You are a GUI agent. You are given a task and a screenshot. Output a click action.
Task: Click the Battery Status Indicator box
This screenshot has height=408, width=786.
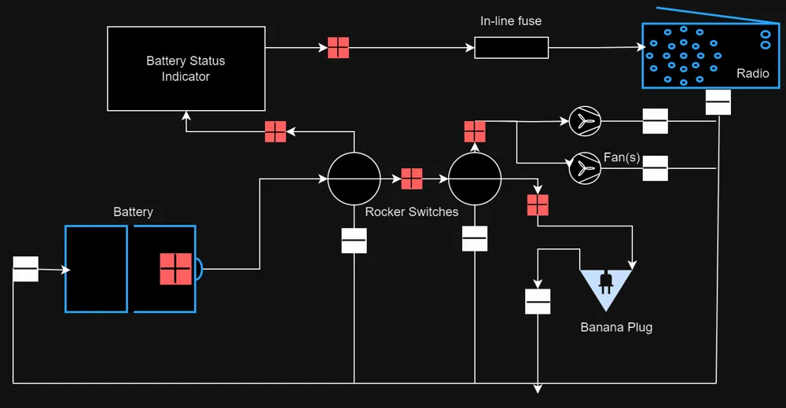pos(186,68)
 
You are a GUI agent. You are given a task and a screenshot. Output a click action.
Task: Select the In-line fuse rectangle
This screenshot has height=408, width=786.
pos(512,48)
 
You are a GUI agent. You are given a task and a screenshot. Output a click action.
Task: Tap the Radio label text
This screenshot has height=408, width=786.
pos(752,73)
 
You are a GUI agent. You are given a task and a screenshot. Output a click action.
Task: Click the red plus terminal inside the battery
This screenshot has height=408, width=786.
pos(175,269)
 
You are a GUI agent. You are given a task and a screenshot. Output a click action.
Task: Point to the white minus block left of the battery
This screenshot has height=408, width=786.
pos(26,269)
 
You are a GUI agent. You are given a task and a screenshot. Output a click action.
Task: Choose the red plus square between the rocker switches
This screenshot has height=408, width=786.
pos(412,178)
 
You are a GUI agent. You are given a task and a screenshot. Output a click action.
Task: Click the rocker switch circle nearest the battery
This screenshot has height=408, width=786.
pos(354,179)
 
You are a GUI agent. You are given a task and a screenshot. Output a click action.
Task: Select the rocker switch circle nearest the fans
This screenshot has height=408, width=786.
pos(475,179)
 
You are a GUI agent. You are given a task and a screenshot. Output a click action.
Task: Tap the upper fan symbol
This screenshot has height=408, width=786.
pos(585,121)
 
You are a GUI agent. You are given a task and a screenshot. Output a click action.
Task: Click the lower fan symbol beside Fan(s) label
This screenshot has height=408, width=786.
pos(585,168)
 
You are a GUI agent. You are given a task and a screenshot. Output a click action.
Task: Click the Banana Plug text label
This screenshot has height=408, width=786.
pos(616,327)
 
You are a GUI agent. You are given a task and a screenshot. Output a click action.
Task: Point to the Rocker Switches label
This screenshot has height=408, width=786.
pos(412,211)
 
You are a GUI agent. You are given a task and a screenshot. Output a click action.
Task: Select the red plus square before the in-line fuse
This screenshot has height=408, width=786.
pos(338,48)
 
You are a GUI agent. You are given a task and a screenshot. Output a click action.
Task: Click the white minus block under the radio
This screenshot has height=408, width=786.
pos(718,102)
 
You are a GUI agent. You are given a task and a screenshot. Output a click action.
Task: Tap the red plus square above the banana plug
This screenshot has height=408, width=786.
pos(538,205)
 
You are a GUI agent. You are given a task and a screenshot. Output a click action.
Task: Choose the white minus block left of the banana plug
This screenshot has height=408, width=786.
pos(538,302)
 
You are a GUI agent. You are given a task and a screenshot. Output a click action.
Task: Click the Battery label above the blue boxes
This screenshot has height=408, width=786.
pos(133,211)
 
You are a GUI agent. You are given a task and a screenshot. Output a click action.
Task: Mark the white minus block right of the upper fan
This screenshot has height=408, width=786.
pos(656,121)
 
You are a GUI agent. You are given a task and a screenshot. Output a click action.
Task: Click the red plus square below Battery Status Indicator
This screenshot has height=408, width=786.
pos(276,132)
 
